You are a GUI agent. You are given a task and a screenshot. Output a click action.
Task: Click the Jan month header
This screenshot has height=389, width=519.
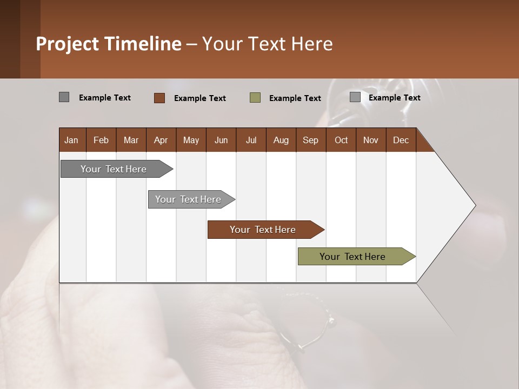(x=71, y=140)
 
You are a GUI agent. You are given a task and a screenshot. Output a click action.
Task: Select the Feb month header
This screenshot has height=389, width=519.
(x=101, y=140)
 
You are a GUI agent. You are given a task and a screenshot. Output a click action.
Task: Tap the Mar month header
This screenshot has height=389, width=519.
(x=131, y=140)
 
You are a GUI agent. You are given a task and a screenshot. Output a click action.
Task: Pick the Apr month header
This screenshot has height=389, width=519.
(x=161, y=140)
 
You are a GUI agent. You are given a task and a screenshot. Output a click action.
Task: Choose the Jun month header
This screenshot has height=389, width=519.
(x=221, y=140)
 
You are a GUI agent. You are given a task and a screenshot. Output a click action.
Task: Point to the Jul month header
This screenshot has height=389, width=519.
(x=251, y=140)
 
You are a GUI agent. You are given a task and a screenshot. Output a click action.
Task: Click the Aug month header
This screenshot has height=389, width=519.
(x=281, y=140)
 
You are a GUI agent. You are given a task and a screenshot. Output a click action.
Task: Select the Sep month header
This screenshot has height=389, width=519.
(x=310, y=140)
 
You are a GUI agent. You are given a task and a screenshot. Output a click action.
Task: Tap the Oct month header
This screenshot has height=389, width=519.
(x=341, y=140)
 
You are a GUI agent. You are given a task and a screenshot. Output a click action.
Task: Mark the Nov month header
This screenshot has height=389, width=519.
(x=370, y=140)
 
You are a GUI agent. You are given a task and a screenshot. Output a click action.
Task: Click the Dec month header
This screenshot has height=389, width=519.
(x=401, y=140)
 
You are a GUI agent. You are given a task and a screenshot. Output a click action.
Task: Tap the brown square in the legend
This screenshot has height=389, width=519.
(x=159, y=98)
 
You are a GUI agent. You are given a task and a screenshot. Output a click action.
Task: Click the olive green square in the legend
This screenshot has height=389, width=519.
(x=255, y=98)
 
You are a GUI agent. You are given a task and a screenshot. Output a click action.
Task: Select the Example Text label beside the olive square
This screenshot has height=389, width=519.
(x=295, y=98)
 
